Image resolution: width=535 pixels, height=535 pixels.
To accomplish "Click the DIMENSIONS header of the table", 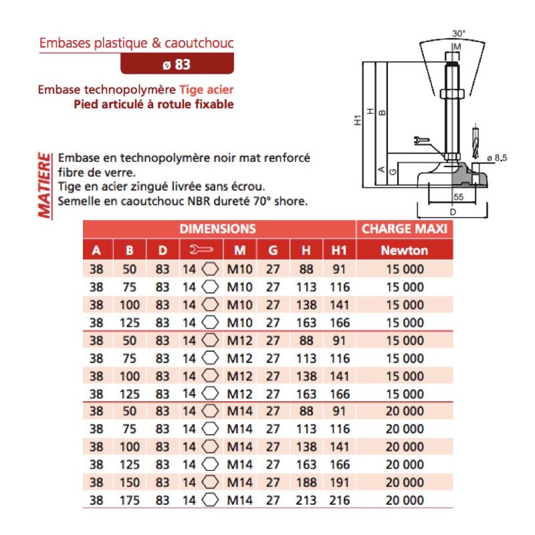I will pos(218,229).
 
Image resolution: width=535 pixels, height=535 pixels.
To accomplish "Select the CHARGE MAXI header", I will pos(403,229).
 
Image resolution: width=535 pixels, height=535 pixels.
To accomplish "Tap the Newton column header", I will pos(403,251).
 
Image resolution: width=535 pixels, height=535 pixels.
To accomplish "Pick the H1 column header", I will pos(339,251).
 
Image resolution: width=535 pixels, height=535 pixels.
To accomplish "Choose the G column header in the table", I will pos(273,251).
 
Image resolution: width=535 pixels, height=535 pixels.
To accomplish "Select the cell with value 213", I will pos(306,500).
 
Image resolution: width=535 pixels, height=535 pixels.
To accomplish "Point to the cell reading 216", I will pos(340,500).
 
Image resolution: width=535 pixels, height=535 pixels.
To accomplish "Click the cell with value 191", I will pos(340,482).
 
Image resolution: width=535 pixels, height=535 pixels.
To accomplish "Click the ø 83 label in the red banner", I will pos(177,65).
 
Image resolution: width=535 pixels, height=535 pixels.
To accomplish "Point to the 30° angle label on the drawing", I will pos(459,33).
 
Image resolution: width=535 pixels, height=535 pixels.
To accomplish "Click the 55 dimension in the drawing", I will pos(459,197).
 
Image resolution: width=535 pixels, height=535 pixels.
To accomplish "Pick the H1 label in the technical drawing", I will pos(358,120).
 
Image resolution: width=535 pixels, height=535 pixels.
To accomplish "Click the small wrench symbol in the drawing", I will pos(421,140).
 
